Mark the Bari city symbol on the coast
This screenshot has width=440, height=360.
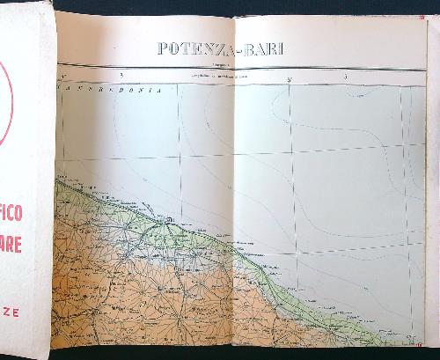[x=167, y=218]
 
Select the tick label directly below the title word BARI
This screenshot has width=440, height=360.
[x=289, y=79]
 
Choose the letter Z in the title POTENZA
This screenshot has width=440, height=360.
[x=213, y=48]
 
